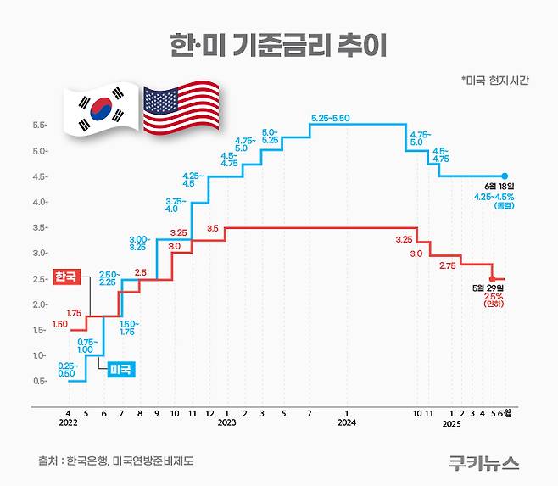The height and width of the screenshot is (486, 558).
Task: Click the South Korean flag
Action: pos(101,109)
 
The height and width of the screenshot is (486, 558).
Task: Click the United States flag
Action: pos(180,108)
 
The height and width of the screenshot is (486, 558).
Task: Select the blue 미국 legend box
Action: pos(123,369)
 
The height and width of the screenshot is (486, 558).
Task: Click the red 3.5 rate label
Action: pos(212,228)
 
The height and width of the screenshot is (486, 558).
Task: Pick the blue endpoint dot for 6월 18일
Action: pos(505,176)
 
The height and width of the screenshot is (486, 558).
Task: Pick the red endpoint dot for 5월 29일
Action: pos(493,278)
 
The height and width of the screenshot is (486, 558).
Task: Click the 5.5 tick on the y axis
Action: pos(39,126)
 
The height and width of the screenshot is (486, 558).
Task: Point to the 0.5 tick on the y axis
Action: pos(39,381)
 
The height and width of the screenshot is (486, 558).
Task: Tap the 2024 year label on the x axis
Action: pos(345,422)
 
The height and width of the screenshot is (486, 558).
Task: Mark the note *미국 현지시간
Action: pos(495,81)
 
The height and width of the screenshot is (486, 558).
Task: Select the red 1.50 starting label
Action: pos(59,324)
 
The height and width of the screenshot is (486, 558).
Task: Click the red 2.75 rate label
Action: pos(447,265)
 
